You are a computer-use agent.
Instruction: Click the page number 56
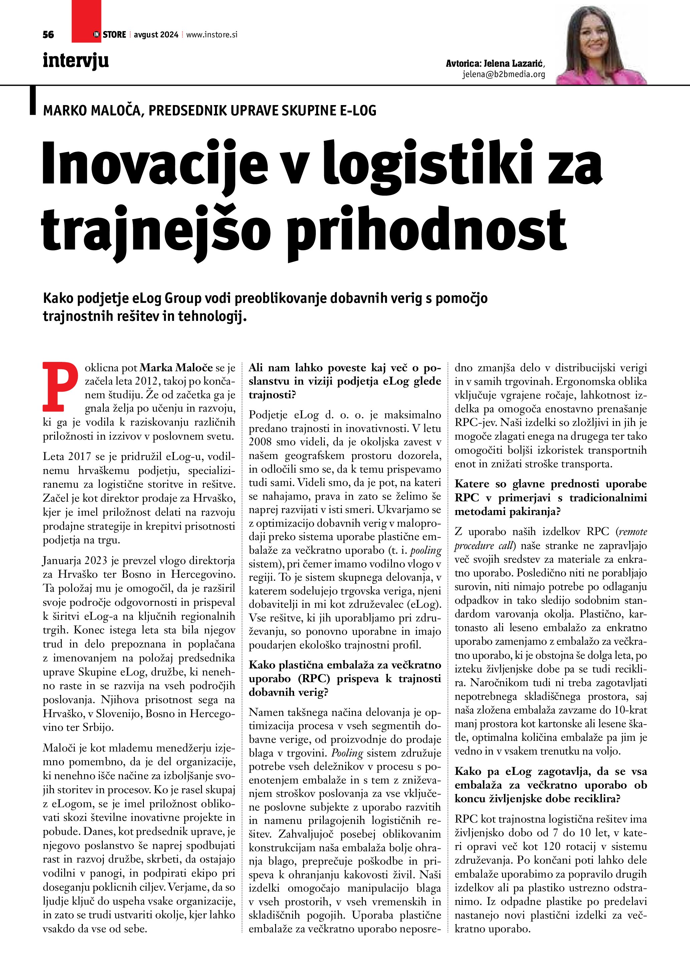(48, 35)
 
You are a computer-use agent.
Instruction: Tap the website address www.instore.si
(212, 35)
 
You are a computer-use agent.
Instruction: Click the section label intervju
(76, 61)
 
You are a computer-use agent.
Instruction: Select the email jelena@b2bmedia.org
(503, 75)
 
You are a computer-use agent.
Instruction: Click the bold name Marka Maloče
(176, 368)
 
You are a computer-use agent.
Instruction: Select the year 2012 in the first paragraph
(147, 381)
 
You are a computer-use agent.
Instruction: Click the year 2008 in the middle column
(260, 442)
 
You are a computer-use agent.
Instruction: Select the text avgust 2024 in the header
(156, 35)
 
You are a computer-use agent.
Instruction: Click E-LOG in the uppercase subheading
(358, 111)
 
